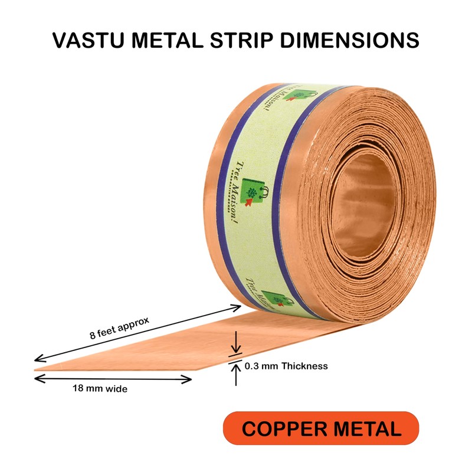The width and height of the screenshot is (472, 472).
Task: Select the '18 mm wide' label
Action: click(x=100, y=389)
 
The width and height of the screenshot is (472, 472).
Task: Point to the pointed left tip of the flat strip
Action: click(x=37, y=369)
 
